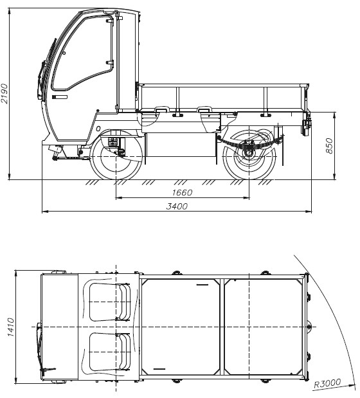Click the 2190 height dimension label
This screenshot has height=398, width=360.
coord(4,93)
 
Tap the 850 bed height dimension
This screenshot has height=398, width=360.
coord(329,146)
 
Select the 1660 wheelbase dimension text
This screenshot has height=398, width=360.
coord(182,193)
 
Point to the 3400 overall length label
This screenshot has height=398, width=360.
coord(177,206)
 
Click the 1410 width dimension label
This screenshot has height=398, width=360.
coord(10,327)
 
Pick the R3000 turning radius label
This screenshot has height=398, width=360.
coord(327,383)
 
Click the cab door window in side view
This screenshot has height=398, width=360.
coord(83,53)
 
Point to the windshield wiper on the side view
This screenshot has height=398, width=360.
coord(47,69)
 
